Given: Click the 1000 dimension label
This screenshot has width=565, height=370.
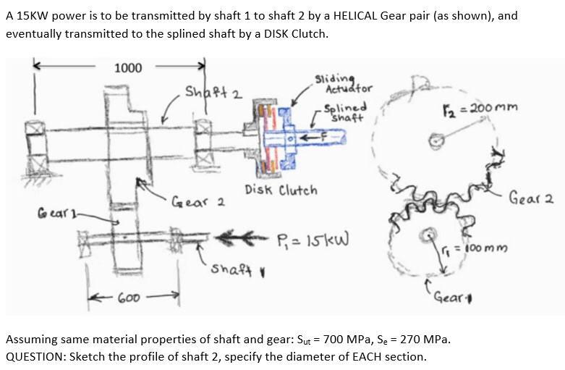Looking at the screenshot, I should click(128, 68).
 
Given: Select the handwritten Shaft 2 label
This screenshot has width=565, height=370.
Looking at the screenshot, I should click(213, 92).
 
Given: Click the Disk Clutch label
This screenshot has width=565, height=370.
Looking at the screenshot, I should click(281, 190).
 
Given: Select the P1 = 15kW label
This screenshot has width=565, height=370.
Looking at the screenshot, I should click(313, 240).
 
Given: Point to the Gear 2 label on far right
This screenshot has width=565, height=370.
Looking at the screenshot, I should click(530, 197).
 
